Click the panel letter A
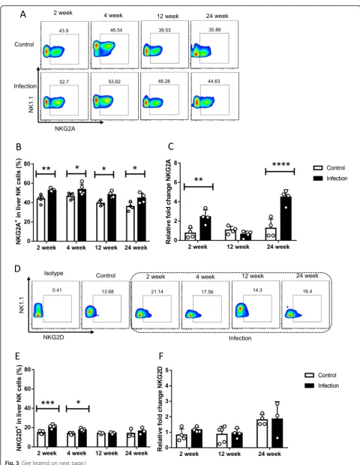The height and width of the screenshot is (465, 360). point(23,13)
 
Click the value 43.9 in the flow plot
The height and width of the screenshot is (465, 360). point(64,31)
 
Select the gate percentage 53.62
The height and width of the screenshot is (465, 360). point(115,82)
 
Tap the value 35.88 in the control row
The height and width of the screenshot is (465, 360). point(214,30)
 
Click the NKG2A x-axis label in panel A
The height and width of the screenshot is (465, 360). point(65,129)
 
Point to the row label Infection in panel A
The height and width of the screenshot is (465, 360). point(25,86)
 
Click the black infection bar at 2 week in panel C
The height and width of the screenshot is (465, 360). point(205,228)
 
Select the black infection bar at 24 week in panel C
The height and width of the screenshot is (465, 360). point(286,218)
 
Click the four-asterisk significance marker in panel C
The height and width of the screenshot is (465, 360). point(280,164)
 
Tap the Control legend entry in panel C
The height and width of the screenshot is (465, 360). point(329,168)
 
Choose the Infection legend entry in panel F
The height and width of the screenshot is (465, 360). point(322,385)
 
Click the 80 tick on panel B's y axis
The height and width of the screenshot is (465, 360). point(27,163)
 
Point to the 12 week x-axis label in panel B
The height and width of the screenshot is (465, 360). point(106,247)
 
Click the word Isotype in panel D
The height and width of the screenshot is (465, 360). point(54,273)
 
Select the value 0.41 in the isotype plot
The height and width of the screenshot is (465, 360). point(57,290)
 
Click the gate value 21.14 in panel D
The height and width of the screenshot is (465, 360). point(157,292)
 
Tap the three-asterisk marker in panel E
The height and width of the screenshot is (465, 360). point(48,403)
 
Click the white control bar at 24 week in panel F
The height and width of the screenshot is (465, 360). point(262,433)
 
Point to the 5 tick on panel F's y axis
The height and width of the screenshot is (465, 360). point(167,370)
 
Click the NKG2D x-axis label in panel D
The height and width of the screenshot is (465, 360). point(53,337)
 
